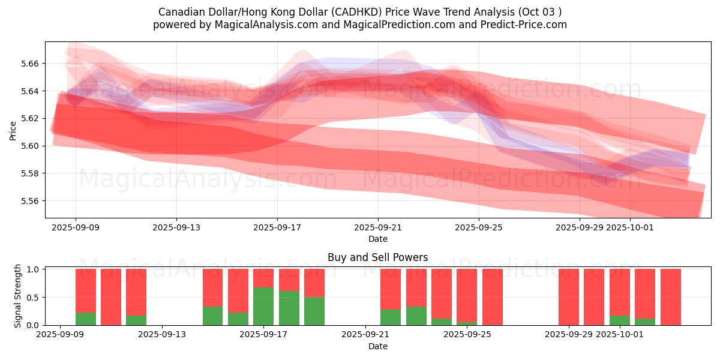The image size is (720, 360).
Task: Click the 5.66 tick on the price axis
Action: pyautogui.click(x=29, y=64)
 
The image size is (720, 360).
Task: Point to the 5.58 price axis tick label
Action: pyautogui.click(x=29, y=173)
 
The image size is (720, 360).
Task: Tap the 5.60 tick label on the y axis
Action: pyautogui.click(x=29, y=146)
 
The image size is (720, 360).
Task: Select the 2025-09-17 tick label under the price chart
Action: pyautogui.click(x=277, y=228)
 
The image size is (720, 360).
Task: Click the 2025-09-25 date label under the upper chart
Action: pyautogui.click(x=479, y=228)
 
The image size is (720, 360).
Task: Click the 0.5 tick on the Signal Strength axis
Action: pyautogui.click(x=34, y=298)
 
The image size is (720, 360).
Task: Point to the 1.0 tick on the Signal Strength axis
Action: pyautogui.click(x=34, y=269)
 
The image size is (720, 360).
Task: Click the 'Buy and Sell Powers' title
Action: pyautogui.click(x=377, y=257)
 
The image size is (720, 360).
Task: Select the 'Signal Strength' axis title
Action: pyautogui.click(x=18, y=296)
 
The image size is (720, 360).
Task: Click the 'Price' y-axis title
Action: pyautogui.click(x=13, y=130)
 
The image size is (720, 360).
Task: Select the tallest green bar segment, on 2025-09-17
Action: pyautogui.click(x=263, y=306)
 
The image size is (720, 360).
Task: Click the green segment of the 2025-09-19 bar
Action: pyautogui.click(x=314, y=311)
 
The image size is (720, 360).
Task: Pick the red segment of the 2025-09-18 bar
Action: pyautogui.click(x=289, y=280)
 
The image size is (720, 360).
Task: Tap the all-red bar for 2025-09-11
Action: pyautogui.click(x=111, y=297)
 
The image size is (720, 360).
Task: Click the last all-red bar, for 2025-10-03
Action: pyautogui.click(x=671, y=297)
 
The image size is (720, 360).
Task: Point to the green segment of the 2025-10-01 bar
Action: pyautogui.click(x=620, y=320)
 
